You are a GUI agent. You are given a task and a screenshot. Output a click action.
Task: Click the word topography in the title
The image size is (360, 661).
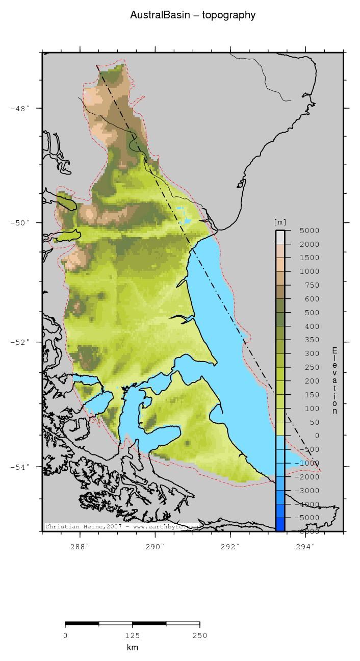(229, 15)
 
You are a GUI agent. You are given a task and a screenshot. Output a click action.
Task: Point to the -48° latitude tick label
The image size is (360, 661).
(20, 108)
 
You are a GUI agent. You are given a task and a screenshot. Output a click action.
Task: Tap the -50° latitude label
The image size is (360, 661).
(20, 223)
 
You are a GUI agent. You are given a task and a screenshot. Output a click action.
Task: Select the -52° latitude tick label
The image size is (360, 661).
(20, 342)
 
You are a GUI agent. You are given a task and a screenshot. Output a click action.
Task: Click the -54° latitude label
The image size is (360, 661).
(20, 467)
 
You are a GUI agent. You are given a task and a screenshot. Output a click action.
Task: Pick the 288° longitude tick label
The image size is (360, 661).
(80, 546)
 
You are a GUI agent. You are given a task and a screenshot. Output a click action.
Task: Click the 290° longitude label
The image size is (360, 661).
(155, 546)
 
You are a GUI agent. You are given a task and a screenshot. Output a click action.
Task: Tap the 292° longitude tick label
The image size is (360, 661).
(230, 546)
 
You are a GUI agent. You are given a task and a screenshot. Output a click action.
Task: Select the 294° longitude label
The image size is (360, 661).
(305, 546)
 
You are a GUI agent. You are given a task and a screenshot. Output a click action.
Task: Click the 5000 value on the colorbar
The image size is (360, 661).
(309, 231)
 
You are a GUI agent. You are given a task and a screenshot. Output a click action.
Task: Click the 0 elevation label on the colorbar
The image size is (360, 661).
(317, 436)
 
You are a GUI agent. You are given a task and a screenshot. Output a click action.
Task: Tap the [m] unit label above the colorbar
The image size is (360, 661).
(280, 222)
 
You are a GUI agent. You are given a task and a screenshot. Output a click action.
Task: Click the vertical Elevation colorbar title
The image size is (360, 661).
(335, 380)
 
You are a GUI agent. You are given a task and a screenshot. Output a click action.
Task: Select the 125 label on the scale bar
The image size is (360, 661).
(132, 635)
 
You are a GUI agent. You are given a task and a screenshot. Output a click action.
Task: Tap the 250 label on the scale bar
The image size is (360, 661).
(199, 635)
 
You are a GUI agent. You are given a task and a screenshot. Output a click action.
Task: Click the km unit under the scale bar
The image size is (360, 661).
(132, 648)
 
